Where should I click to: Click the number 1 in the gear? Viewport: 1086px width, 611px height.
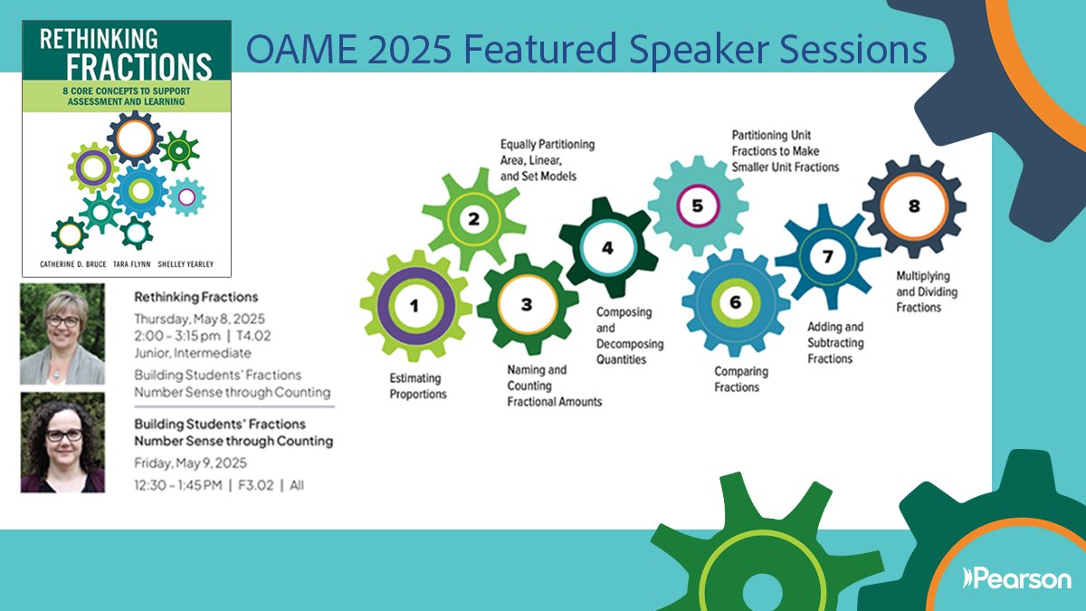point(414,306)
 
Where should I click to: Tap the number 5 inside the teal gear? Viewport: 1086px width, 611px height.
point(697,205)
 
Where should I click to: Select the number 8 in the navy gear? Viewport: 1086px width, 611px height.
point(914,206)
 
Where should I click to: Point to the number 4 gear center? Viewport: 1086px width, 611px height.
point(607,248)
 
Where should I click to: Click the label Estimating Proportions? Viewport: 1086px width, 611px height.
point(418,386)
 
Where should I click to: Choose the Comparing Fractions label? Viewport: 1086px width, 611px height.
point(741,379)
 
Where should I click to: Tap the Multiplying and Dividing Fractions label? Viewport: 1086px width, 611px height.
point(927,291)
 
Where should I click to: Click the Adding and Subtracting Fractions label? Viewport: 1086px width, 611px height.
point(835,343)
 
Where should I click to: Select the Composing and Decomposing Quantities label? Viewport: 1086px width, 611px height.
point(630,336)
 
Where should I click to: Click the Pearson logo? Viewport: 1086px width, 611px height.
point(1016,578)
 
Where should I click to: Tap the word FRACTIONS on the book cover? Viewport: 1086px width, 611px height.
point(139,66)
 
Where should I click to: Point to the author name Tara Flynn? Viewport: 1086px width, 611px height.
point(132,264)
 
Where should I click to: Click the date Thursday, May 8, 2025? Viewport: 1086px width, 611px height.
point(200,319)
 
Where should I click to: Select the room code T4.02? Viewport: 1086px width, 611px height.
point(253,336)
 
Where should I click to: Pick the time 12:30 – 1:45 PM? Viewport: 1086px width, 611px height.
point(178,485)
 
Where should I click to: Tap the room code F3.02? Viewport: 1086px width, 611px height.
point(256,485)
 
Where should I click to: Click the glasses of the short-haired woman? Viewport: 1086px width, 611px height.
point(63,321)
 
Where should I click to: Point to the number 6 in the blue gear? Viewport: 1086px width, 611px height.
point(736,302)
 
